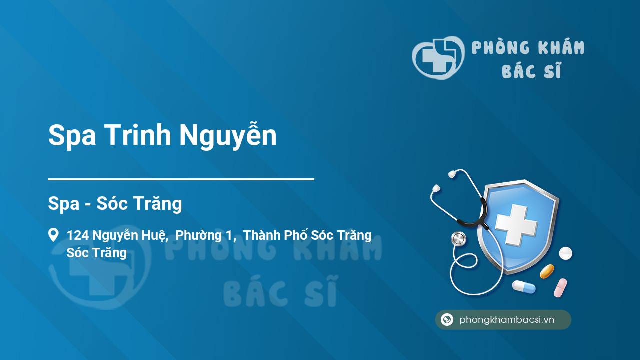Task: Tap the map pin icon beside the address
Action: tap(53, 235)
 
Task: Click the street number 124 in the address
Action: tap(78, 235)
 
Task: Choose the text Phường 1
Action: tap(205, 235)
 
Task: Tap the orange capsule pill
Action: tap(547, 271)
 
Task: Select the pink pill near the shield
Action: tap(560, 287)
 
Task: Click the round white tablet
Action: tap(565, 253)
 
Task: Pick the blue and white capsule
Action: tap(523, 287)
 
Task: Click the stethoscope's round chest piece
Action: tap(458, 239)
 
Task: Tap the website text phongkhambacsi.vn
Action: tap(507, 320)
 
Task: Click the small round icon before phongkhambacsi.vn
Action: tap(447, 320)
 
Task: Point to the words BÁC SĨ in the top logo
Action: tap(531, 72)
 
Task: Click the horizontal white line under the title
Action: tap(181, 179)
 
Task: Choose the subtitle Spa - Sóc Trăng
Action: tap(115, 204)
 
